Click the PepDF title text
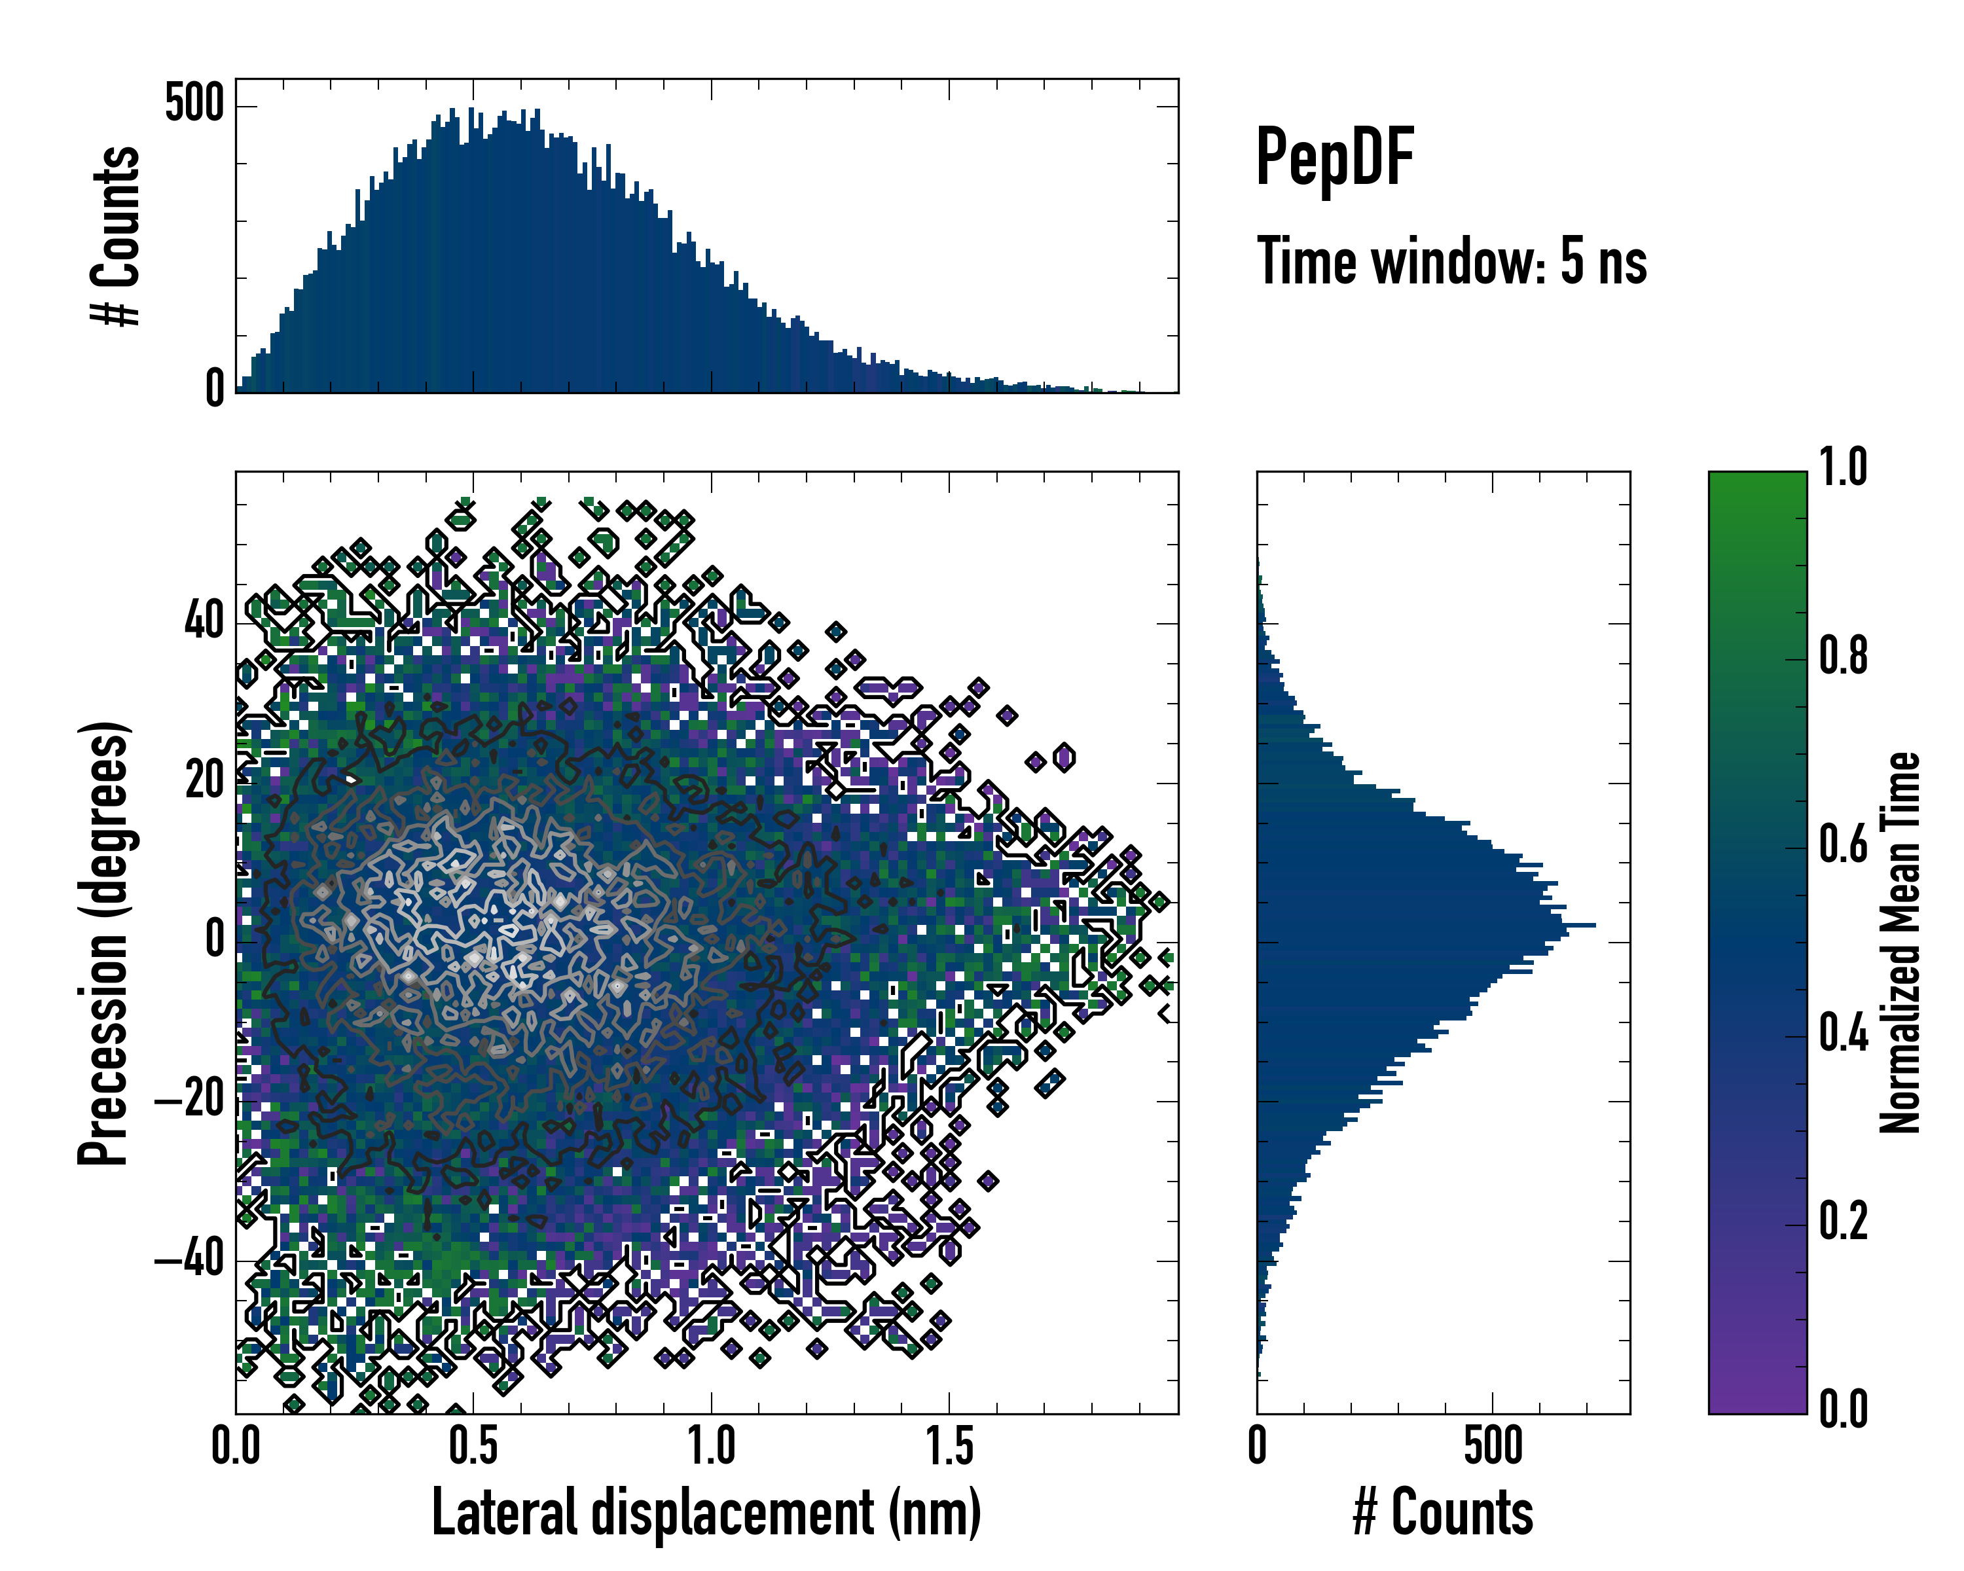[1334, 158]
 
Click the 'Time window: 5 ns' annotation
[1451, 261]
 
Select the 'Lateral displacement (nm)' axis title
[706, 1513]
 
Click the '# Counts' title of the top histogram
[117, 236]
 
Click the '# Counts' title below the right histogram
[1443, 1513]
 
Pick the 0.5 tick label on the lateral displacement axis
[474, 1446]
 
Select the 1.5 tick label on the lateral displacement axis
[949, 1446]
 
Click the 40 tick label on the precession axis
[204, 623]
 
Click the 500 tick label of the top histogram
[194, 105]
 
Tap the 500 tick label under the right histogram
[1493, 1446]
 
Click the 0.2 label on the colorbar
[1843, 1222]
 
